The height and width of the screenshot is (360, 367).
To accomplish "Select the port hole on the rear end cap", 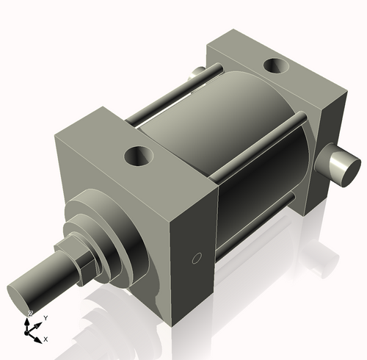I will click(277, 67).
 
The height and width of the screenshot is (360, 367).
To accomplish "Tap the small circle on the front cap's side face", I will click(196, 257).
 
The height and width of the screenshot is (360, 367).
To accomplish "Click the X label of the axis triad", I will click(46, 339).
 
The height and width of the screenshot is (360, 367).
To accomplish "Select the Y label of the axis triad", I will click(46, 317).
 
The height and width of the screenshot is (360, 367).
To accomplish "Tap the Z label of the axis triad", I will click(29, 314).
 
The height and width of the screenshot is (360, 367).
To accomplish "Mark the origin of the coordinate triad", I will click(31, 328).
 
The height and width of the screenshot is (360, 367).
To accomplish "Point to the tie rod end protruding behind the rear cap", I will click(195, 73).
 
